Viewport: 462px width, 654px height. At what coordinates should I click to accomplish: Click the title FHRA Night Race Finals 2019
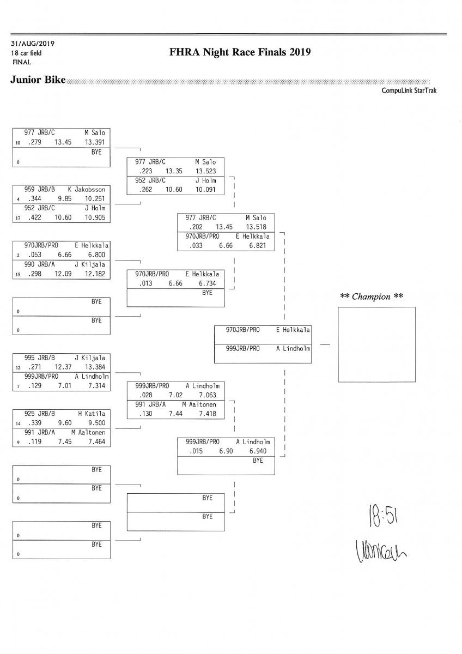click(240, 53)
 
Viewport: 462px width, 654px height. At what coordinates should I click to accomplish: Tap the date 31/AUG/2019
click(32, 44)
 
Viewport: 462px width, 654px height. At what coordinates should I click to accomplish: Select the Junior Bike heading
click(38, 81)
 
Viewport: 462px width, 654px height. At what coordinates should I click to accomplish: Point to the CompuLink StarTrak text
click(410, 90)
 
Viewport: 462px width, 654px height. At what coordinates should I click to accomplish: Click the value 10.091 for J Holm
click(205, 190)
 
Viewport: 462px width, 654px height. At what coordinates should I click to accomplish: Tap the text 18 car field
click(26, 53)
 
